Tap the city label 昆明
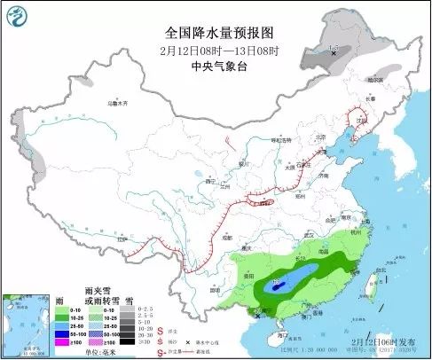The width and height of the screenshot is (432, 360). [214, 288]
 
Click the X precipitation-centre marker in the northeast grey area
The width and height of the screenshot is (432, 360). [334, 54]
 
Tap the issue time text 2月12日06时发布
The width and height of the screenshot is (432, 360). [386, 340]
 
